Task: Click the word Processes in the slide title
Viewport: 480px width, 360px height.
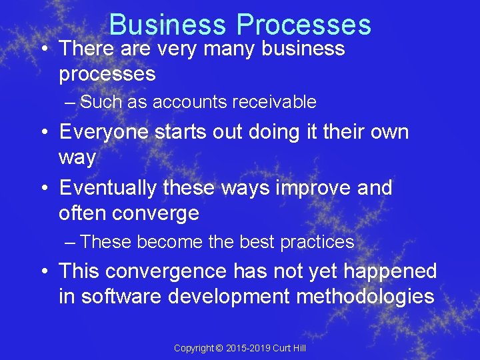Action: coord(303,25)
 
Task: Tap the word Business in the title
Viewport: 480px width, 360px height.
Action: coord(169,25)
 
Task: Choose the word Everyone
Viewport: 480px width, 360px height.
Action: coord(103,132)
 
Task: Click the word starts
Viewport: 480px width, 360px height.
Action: coord(181,132)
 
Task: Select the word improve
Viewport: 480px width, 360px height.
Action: coord(313,188)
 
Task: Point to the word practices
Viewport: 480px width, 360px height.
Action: coord(317,242)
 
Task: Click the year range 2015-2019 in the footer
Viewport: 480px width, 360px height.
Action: coord(249,348)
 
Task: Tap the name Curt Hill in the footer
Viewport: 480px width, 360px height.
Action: coord(289,348)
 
